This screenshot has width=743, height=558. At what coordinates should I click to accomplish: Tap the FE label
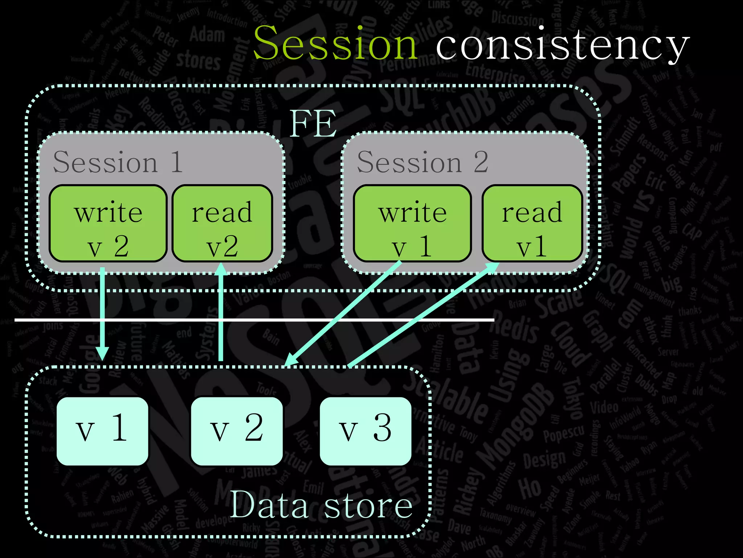click(x=313, y=124)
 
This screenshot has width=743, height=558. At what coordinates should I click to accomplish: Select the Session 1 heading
click(x=118, y=162)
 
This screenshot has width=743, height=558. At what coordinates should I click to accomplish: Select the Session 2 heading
click(x=422, y=162)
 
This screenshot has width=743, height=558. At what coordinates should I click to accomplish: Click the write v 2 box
click(x=108, y=223)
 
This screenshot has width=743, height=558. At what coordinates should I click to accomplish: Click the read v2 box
click(x=222, y=223)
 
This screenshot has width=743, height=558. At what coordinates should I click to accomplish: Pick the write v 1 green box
click(x=412, y=223)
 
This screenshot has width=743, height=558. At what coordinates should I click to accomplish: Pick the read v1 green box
click(x=532, y=223)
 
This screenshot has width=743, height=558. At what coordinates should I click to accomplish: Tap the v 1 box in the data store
click(x=102, y=431)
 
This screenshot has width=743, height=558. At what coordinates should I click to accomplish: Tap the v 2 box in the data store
click(x=237, y=431)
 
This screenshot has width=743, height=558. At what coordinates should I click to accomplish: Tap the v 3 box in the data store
click(x=365, y=431)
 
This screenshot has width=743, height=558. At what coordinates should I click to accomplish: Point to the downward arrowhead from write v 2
click(x=102, y=353)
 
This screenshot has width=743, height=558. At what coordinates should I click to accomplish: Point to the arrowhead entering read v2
click(x=221, y=270)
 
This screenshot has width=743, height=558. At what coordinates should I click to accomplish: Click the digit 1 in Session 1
click(x=177, y=162)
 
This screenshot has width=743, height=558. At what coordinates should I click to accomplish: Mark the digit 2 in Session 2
click(x=481, y=162)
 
